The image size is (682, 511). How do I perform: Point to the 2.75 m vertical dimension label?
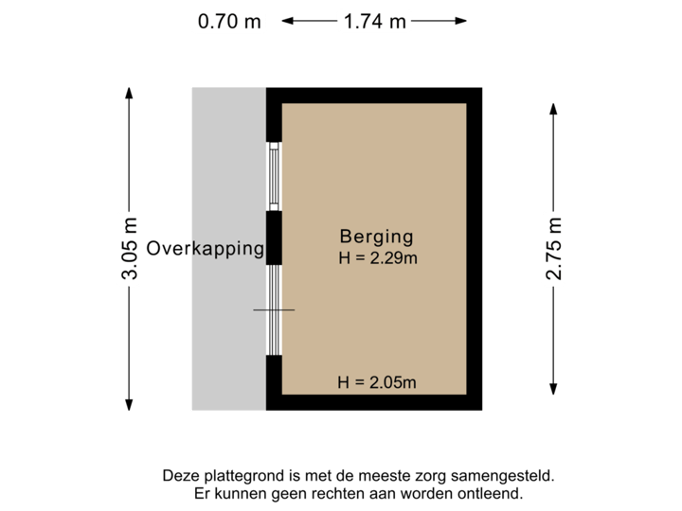pos(553,249)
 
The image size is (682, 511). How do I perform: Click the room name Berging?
pos(377,237)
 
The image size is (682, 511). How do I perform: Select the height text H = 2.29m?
pos(377,257)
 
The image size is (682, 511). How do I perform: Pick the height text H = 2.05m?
pos(377,382)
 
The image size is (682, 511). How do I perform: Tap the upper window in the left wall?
pos(274,176)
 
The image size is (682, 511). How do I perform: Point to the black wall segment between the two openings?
pos(274,237)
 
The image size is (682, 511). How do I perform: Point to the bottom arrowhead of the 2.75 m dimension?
pos(553,391)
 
